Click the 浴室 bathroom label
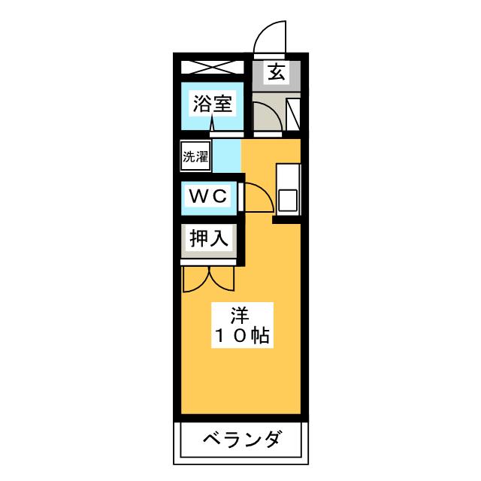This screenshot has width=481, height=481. click(211, 105)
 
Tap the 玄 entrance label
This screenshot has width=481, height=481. click(276, 74)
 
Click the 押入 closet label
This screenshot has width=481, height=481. click(208, 240)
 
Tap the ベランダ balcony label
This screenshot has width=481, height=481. click(241, 439)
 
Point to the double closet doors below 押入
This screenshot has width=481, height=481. click(208, 277)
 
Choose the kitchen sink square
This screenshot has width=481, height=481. click(288, 200)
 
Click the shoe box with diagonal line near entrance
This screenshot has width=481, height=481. click(294, 113)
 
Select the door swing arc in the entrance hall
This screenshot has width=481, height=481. click(265, 116)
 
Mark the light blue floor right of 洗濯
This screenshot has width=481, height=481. click(226, 157)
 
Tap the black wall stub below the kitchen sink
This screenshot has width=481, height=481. click(286, 220)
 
